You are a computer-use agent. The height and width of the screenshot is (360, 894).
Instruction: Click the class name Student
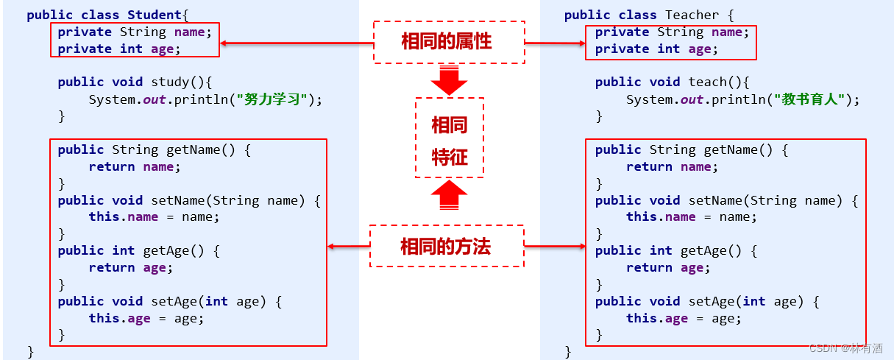coord(155,15)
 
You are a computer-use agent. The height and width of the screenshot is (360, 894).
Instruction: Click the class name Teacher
coord(692,15)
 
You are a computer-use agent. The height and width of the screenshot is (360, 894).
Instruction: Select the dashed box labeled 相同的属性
coord(448,42)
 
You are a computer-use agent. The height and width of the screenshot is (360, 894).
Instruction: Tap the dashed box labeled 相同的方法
coord(446,246)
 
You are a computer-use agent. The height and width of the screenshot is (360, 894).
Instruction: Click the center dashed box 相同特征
coord(450,138)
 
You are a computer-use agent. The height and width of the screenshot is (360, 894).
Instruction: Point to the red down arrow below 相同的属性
coord(449,80)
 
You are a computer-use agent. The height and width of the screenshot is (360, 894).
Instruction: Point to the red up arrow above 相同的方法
coord(449,196)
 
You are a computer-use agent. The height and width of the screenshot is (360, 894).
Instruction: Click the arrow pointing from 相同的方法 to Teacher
coord(556,246)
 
